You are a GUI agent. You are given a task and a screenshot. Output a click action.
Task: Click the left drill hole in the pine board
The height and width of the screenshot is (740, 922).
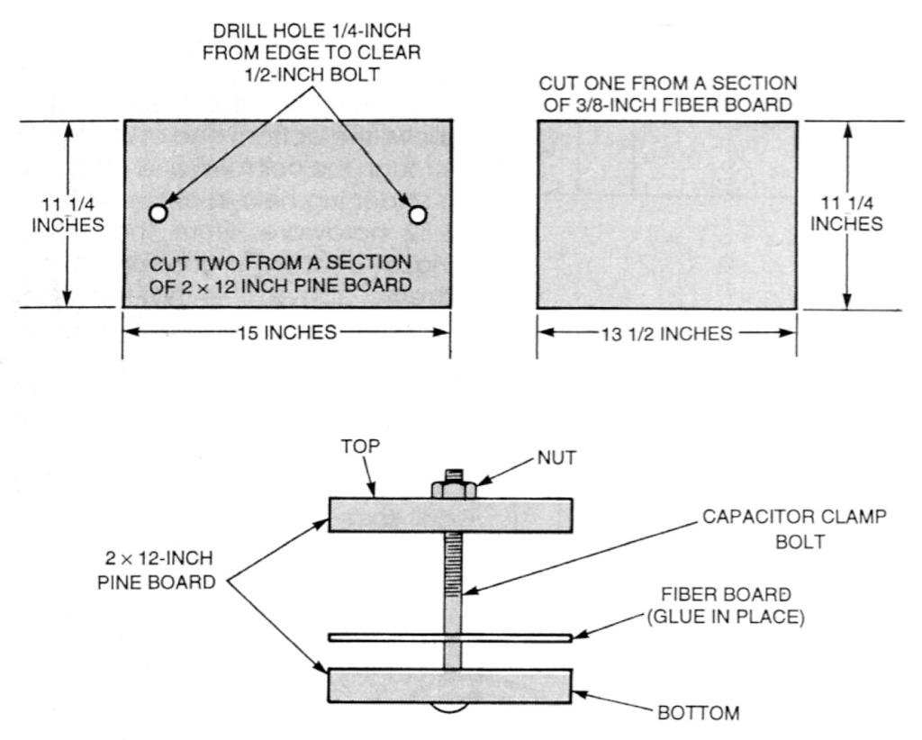coord(158,213)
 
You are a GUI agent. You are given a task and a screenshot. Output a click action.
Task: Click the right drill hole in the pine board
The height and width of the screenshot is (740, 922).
coord(417,214)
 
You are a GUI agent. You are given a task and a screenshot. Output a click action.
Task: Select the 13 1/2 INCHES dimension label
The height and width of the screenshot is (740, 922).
coord(666,334)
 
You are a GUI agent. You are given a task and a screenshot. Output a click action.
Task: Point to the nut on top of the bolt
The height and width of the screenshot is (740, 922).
coord(453,489)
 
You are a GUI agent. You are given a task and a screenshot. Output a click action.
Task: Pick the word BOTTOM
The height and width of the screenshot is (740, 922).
coord(699,713)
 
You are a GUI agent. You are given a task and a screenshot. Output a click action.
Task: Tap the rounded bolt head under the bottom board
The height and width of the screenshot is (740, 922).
coord(453,708)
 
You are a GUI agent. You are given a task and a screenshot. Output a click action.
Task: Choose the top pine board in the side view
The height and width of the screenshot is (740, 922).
coord(387,514)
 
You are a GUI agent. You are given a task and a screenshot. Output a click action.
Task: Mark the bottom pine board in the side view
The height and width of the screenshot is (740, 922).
coord(387,686)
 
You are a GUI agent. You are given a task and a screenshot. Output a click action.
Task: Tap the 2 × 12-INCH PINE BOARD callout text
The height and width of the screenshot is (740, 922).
coord(156,570)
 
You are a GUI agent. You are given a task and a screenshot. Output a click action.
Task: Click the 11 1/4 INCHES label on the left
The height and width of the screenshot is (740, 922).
coord(68,214)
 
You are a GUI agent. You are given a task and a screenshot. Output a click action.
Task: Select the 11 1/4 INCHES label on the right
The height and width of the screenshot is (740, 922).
coord(846,213)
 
